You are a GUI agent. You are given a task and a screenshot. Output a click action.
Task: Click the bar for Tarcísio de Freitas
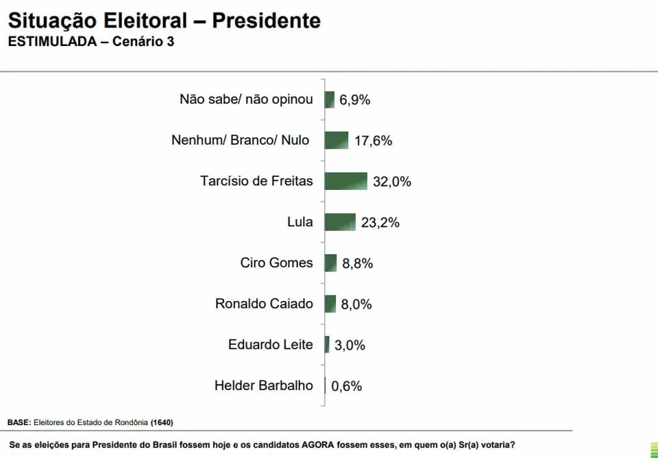click(x=346, y=181)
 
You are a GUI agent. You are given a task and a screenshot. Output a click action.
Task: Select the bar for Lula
click(x=340, y=222)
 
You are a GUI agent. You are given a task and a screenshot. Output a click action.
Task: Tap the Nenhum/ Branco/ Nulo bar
click(x=337, y=141)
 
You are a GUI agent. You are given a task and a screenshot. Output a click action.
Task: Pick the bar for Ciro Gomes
click(x=331, y=263)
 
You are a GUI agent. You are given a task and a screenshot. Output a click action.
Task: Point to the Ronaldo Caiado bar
click(x=330, y=304)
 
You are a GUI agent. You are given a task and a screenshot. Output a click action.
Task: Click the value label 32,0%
click(x=392, y=182)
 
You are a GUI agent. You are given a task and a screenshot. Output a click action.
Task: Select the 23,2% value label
click(x=380, y=223)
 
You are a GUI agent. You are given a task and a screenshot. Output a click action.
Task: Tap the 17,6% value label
click(x=374, y=141)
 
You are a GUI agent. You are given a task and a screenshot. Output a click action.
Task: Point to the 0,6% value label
click(x=347, y=386)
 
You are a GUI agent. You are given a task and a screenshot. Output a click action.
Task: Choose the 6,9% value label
click(x=355, y=100)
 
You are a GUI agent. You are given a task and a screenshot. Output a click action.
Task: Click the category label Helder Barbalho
click(x=264, y=385)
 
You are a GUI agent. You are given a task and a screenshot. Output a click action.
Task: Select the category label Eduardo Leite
click(x=271, y=344)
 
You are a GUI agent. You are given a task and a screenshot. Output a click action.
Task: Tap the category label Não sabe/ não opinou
click(x=246, y=99)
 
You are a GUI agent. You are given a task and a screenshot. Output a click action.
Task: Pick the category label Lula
click(x=300, y=222)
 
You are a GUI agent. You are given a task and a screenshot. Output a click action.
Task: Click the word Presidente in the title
click(x=266, y=21)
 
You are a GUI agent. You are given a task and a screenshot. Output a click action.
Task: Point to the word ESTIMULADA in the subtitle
click(x=52, y=42)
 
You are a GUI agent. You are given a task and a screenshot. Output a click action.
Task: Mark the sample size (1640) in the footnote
click(x=162, y=422)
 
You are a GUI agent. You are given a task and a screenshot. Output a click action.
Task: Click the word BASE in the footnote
click(x=19, y=422)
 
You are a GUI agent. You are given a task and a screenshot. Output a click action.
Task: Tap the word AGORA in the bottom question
click(x=319, y=444)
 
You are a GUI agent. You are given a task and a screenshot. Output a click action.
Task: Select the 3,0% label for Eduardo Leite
click(x=350, y=346)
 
